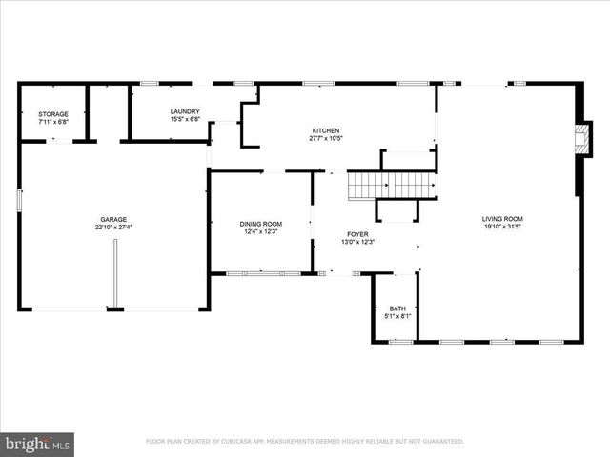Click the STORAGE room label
(x=53, y=114)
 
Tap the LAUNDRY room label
(x=185, y=111)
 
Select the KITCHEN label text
(x=326, y=130)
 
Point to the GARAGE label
(x=114, y=219)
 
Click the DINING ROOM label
(x=260, y=224)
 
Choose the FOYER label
(x=357, y=234)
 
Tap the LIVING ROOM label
(x=502, y=219)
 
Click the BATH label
(x=396, y=308)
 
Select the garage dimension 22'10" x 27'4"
(x=114, y=228)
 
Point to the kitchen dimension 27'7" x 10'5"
(x=326, y=139)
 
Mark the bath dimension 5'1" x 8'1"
(x=396, y=316)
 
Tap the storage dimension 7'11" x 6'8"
(x=53, y=122)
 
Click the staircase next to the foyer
(x=391, y=184)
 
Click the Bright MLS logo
(x=37, y=444)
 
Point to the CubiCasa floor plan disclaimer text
(x=304, y=442)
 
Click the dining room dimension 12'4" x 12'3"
(x=260, y=231)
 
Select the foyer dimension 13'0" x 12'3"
(x=357, y=242)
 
